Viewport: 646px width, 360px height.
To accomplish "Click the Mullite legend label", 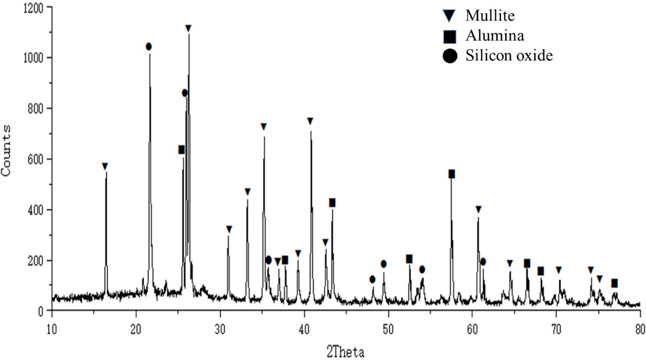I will point(490,16).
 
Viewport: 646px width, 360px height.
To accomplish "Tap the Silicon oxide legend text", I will point(509,55).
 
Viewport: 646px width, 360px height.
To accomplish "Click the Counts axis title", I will point(8,150).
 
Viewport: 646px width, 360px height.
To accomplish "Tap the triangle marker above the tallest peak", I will point(188,28).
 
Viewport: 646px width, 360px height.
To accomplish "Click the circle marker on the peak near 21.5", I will point(149,46).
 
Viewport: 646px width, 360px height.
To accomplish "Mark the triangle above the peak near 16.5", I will point(105,166).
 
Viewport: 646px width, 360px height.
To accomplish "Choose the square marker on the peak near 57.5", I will point(451,174).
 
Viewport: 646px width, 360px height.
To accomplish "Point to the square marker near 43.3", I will point(332,202).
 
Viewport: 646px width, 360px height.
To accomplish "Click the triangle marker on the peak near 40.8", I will point(310,121).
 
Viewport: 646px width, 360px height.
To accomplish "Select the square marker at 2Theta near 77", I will point(614,283).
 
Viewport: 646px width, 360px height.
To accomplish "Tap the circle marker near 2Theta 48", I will point(372,279).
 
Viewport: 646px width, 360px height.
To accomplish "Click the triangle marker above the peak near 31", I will point(229,229).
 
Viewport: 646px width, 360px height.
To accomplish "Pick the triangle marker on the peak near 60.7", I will point(478,209).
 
